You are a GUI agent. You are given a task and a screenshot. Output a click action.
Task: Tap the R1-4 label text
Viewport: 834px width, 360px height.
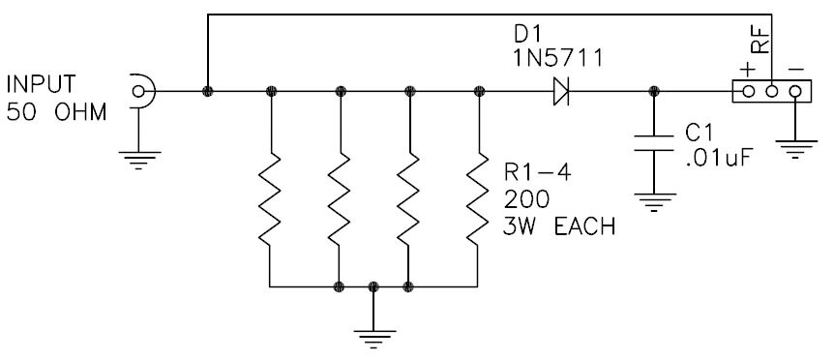click(x=532, y=175)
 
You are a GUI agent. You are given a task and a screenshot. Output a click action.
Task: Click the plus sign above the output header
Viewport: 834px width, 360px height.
click(x=747, y=68)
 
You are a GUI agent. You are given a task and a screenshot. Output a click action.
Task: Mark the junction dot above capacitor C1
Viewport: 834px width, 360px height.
click(x=655, y=92)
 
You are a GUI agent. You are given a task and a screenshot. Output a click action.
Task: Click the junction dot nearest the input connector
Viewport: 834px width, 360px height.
click(x=206, y=92)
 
